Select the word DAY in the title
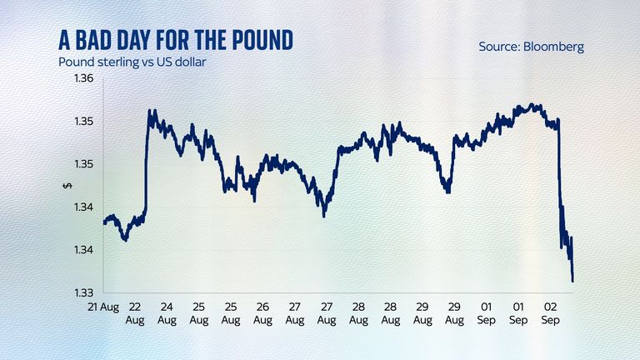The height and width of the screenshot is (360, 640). [133, 40]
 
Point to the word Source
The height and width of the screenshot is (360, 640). [498, 47]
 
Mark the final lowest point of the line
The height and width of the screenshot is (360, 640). [572, 281]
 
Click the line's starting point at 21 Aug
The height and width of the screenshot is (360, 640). [103, 222]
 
